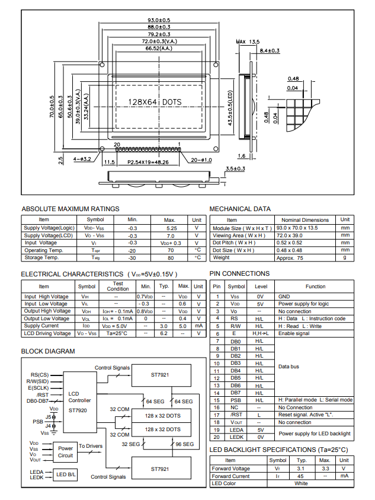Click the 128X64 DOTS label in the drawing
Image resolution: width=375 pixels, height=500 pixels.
coord(155,102)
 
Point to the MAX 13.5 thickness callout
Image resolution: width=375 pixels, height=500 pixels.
coord(248,42)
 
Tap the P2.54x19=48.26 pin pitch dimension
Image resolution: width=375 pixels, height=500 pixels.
coord(148,161)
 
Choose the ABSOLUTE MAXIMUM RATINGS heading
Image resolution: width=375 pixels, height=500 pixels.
coord(70,209)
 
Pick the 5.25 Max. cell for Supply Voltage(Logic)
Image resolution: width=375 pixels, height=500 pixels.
coord(171,228)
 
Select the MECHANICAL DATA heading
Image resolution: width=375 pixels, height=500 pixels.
coord(240,209)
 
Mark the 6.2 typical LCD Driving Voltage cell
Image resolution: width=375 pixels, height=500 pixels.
coord(164,333)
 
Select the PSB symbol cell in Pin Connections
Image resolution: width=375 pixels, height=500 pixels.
coord(236,400)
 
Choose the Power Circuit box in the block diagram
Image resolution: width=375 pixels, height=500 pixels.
coord(66,452)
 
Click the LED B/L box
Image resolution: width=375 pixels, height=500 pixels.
coord(66,474)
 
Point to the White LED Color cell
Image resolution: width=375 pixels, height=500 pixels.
coord(301,483)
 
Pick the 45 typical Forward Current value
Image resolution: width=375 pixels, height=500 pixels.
coord(301,476)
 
